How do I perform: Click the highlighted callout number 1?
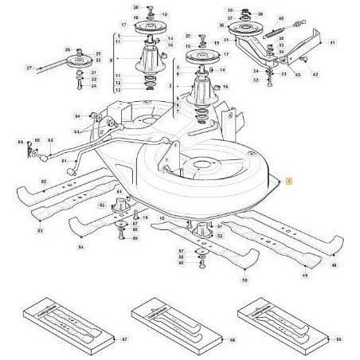point(288,182)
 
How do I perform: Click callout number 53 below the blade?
point(40,230)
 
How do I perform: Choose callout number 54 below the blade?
point(80,248)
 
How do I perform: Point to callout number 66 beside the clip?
point(22,142)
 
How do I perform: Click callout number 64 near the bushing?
point(79,115)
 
